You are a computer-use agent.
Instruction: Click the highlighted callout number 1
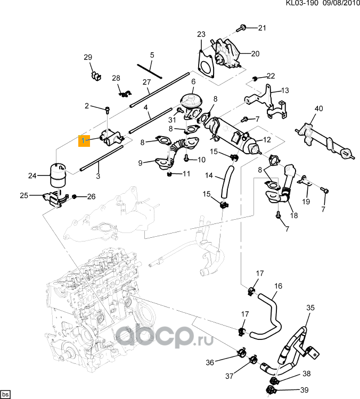pyautogui.click(x=84, y=140)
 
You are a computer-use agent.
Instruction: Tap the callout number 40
pyautogui.click(x=318, y=109)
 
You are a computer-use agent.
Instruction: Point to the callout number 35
pyautogui.click(x=310, y=307)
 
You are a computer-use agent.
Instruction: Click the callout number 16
pyautogui.click(x=278, y=286)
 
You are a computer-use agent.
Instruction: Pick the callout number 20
pyautogui.click(x=255, y=54)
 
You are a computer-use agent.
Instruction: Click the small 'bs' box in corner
pyautogui.click(x=6, y=394)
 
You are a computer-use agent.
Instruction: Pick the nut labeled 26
pyautogui.click(x=75, y=197)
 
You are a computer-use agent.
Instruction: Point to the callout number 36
pyautogui.click(x=210, y=363)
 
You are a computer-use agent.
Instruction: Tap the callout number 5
pyautogui.click(x=152, y=55)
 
